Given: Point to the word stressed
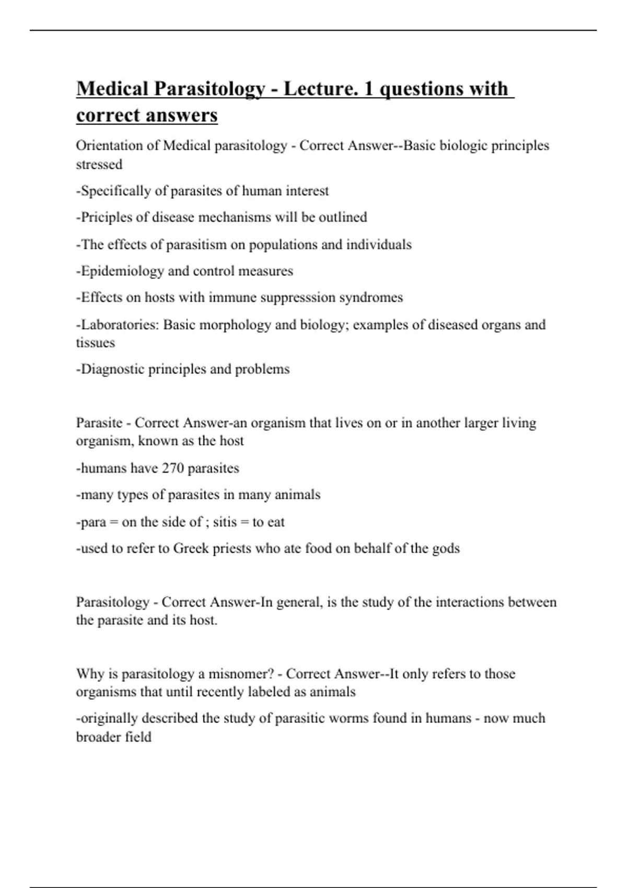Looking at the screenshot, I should coord(99,164).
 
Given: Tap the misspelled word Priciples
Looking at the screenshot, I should coord(105,217).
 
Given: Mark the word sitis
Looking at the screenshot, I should coord(225,522).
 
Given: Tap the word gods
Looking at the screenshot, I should coord(446,549).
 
